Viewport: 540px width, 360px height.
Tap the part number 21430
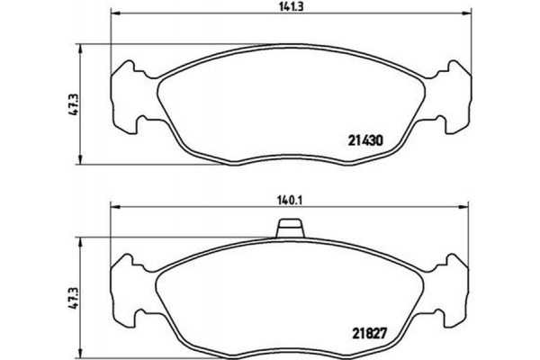click(366, 140)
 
